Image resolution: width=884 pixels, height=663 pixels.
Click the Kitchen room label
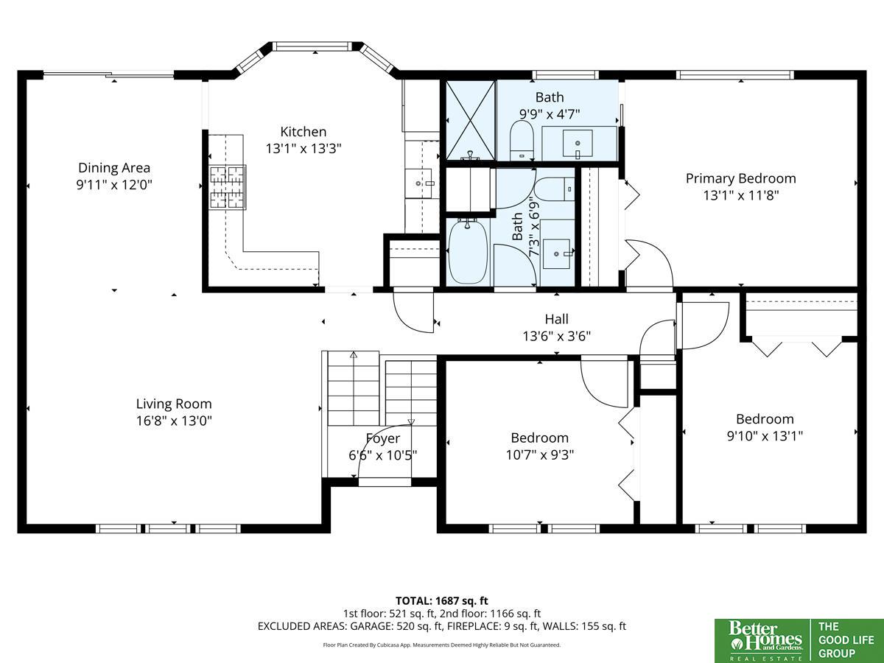[304, 132]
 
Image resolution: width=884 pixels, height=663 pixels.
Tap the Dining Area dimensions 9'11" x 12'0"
[114, 185]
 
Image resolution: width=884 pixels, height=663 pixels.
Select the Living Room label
[174, 404]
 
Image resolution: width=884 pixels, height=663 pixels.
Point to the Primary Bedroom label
[740, 178]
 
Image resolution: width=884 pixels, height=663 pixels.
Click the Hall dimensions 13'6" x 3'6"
[557, 336]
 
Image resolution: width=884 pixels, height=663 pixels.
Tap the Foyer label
[383, 438]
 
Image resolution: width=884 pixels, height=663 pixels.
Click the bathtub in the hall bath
[468, 252]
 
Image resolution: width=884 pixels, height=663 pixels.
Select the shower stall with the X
[471, 120]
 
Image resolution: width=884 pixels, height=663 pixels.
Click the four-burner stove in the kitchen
[227, 187]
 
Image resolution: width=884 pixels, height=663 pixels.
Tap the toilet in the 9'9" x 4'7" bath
[522, 141]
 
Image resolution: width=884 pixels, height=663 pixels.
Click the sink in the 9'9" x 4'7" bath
[578, 144]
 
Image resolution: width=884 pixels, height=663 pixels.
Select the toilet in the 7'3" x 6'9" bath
[555, 189]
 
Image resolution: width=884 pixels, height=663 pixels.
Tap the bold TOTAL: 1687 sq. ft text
[442, 601]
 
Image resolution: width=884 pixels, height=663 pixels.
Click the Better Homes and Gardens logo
[762, 641]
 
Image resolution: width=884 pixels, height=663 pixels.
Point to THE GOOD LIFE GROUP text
[846, 640]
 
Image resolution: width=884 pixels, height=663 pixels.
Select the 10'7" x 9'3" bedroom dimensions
[540, 455]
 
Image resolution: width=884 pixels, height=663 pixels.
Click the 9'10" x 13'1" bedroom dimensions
[765, 436]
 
